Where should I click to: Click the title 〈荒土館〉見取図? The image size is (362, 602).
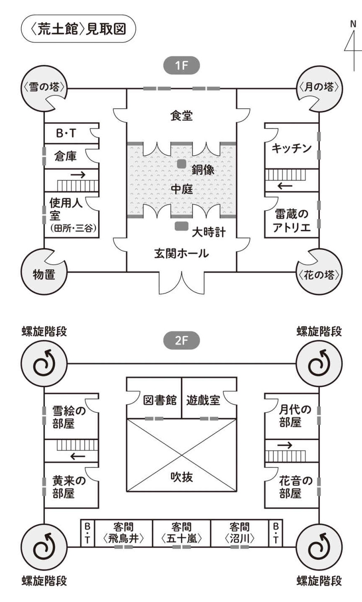click(x=79, y=29)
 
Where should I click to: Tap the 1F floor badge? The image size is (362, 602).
click(x=181, y=66)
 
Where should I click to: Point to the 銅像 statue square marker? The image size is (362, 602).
click(x=181, y=164)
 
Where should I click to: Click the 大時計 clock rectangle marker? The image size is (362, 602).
click(x=181, y=226)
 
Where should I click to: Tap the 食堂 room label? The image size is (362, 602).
click(x=181, y=116)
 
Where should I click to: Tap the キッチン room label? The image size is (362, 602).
click(x=291, y=148)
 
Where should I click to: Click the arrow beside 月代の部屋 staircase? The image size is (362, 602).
click(x=285, y=445)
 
